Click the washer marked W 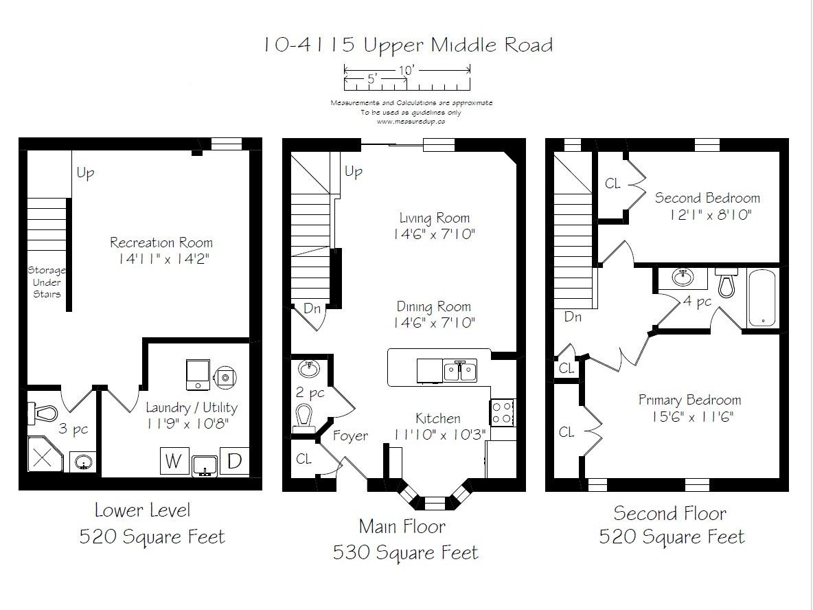(x=174, y=460)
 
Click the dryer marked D (x=234, y=461)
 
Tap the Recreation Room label (x=161, y=242)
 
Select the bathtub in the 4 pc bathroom (x=762, y=297)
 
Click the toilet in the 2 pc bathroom (x=304, y=419)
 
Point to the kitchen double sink (x=460, y=371)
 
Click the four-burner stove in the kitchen (x=503, y=412)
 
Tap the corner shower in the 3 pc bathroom (x=44, y=454)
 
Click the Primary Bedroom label (x=689, y=400)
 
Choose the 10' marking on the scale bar (x=407, y=69)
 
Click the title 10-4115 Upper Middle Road (x=408, y=45)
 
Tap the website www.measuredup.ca (x=411, y=122)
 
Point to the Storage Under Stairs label (x=47, y=282)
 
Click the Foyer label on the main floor (x=350, y=436)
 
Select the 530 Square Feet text (x=405, y=552)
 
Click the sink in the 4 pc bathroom (x=683, y=278)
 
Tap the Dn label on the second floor (x=573, y=317)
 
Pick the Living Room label (x=435, y=218)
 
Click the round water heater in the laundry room (x=225, y=377)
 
